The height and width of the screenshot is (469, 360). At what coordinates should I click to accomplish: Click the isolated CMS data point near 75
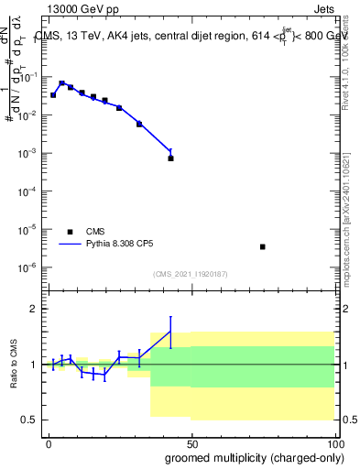[263, 246]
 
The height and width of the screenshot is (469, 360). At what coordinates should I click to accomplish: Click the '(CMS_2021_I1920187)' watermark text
[191, 274]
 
